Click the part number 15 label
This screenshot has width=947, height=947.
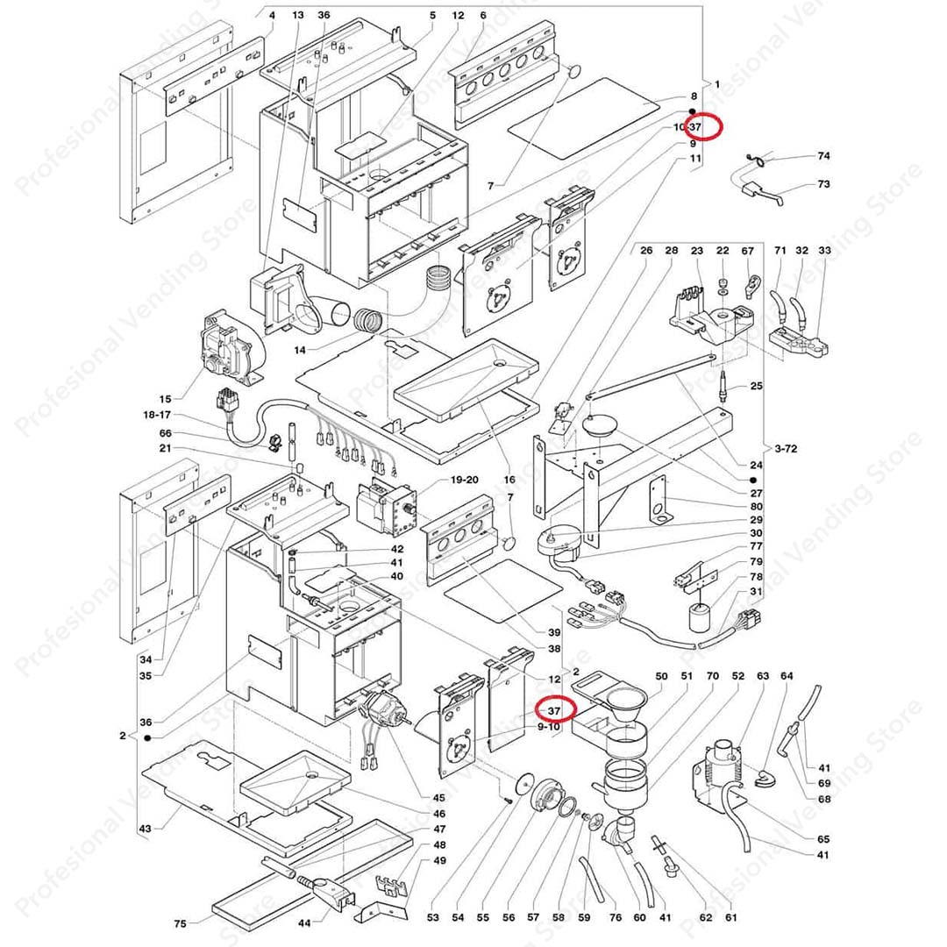point(166,400)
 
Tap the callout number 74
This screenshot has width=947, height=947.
point(822,156)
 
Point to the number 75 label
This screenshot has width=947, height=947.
point(180,923)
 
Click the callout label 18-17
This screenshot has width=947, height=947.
point(159,415)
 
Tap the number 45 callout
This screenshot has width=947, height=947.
point(438,798)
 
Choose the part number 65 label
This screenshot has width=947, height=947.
point(822,839)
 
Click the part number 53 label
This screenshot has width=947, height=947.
point(432,918)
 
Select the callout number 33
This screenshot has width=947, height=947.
point(823,251)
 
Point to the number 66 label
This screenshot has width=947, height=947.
point(166,434)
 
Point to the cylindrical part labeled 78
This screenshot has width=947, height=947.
point(699,618)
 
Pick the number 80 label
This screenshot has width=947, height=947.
point(756,506)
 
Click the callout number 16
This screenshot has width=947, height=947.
point(509,481)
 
